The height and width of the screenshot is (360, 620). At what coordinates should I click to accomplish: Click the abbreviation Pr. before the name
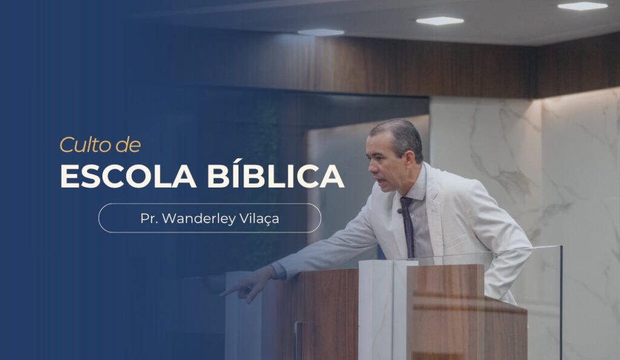click(x=149, y=218)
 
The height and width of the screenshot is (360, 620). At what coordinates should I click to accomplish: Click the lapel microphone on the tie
click(x=400, y=211)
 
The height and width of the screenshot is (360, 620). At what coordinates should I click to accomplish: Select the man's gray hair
click(x=400, y=130)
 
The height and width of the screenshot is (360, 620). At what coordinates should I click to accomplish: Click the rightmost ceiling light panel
click(x=582, y=6)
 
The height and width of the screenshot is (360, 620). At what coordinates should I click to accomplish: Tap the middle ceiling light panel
click(x=440, y=21)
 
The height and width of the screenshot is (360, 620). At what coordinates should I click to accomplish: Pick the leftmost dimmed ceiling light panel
click(x=320, y=32)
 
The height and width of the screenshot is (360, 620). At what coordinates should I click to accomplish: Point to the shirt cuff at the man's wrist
click(x=279, y=271)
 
